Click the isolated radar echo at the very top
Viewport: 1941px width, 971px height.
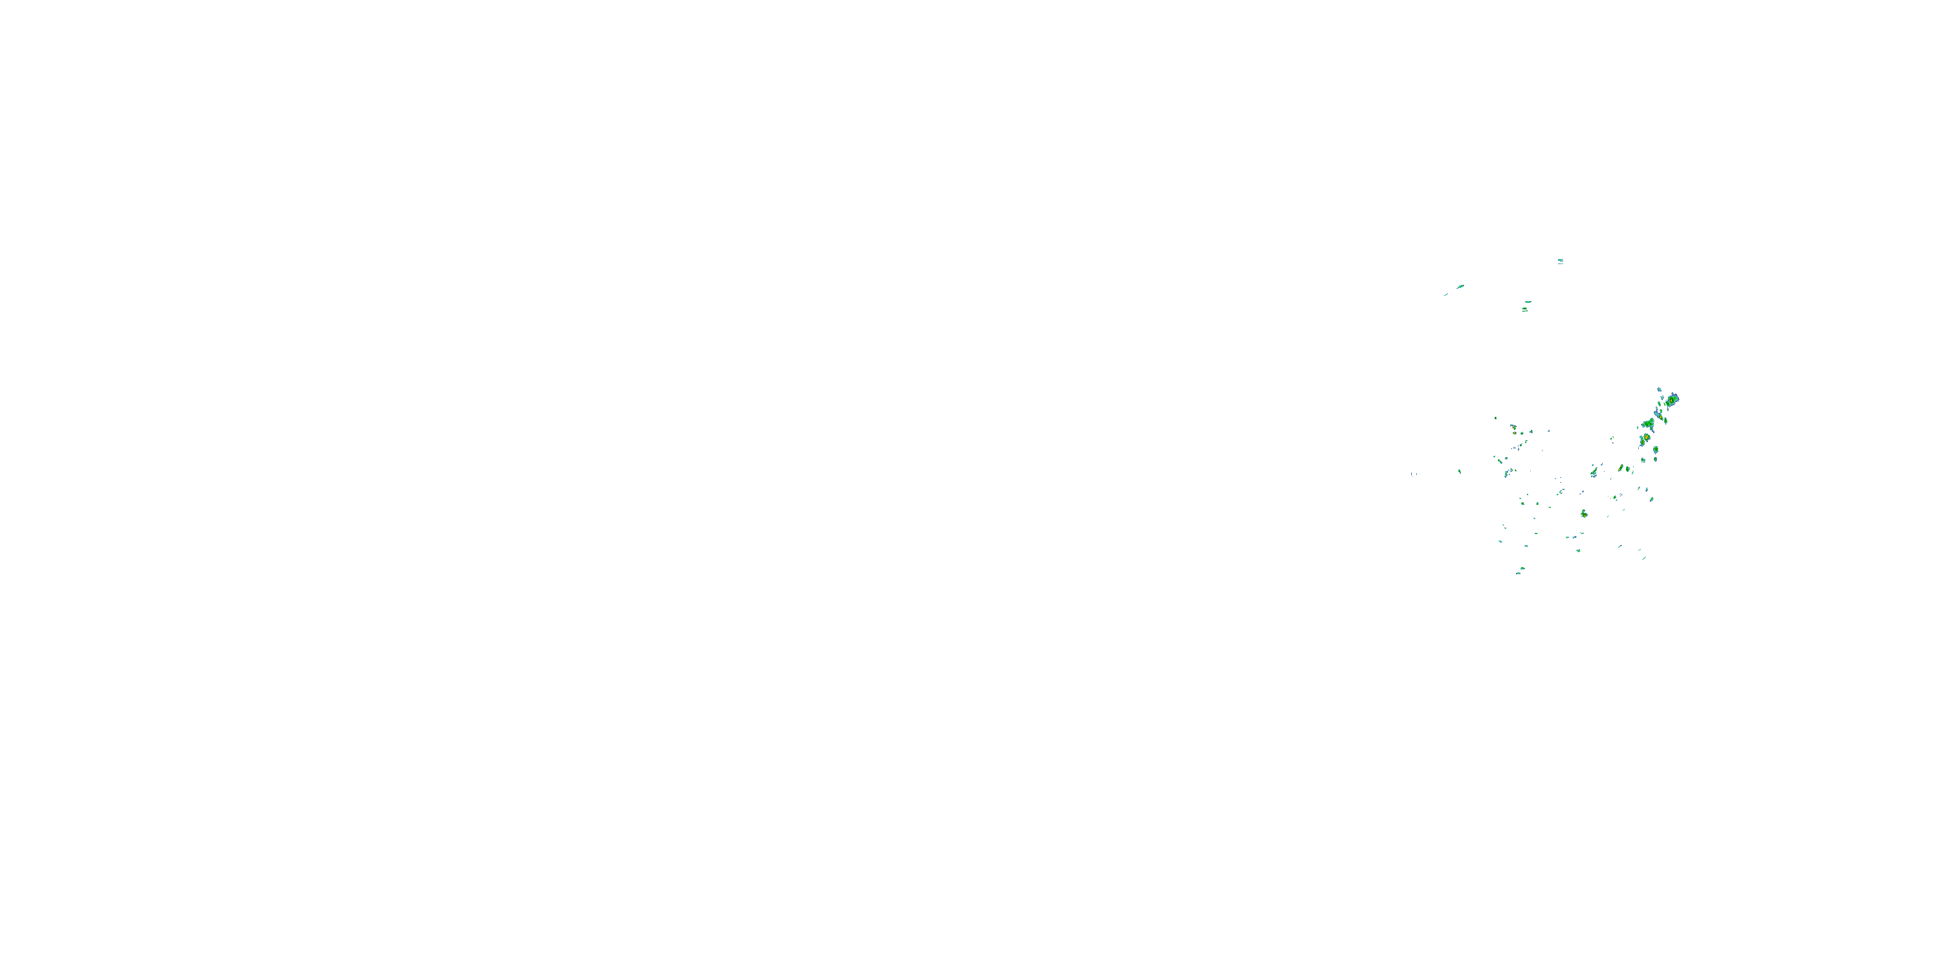click(x=1560, y=261)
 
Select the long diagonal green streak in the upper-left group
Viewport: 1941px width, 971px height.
click(x=1460, y=287)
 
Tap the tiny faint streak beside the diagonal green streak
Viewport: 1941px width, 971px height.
click(x=1445, y=295)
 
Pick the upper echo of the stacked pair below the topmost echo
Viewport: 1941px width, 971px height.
click(x=1528, y=302)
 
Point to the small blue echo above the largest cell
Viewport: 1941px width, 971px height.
click(x=1659, y=390)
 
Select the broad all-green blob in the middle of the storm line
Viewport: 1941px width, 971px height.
click(x=1648, y=425)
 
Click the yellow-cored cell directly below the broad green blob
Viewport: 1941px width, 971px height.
click(x=1647, y=437)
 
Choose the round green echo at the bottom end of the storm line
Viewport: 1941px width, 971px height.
click(x=1656, y=449)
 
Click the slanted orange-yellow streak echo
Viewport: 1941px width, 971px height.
click(x=1620, y=468)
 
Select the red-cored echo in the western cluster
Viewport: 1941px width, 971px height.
click(x=1513, y=427)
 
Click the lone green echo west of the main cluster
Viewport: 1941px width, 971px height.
click(x=1460, y=471)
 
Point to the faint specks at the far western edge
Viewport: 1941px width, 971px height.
click(x=1414, y=474)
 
